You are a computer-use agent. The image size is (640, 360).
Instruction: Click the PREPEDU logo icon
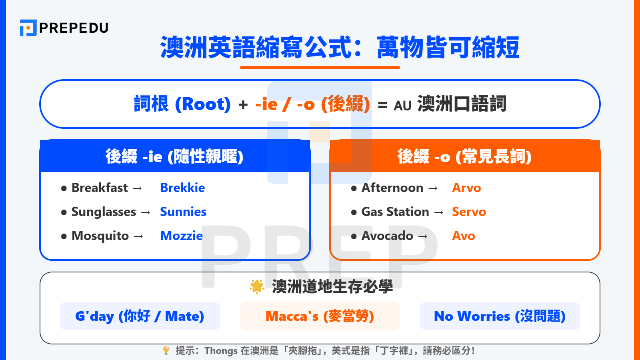(28, 28)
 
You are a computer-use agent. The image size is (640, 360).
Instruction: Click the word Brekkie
(182, 188)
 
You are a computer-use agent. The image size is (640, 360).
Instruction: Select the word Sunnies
(183, 212)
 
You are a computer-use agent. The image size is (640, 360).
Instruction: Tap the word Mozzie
(181, 236)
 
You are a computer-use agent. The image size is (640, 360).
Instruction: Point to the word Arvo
(466, 188)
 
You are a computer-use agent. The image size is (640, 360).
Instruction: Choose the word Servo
(469, 212)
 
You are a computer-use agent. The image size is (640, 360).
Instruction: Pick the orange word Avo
(463, 236)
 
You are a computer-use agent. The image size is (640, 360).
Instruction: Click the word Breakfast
(100, 188)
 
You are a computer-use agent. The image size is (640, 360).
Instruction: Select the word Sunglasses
(104, 212)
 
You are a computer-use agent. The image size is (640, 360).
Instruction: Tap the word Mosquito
(100, 236)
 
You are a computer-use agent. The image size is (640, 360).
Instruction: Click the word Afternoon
(392, 188)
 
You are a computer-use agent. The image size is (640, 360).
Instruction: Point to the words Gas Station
(395, 212)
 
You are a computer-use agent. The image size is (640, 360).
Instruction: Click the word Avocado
(387, 236)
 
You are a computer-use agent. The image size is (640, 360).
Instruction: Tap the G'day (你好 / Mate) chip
(140, 316)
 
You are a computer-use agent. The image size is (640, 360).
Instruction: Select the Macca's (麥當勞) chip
(320, 316)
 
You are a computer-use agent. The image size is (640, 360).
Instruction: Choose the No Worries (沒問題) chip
(500, 316)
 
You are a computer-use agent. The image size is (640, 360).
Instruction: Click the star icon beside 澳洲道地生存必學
(257, 286)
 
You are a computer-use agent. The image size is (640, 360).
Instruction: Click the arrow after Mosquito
(138, 236)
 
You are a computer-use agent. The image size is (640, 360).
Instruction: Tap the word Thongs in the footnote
(221, 351)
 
